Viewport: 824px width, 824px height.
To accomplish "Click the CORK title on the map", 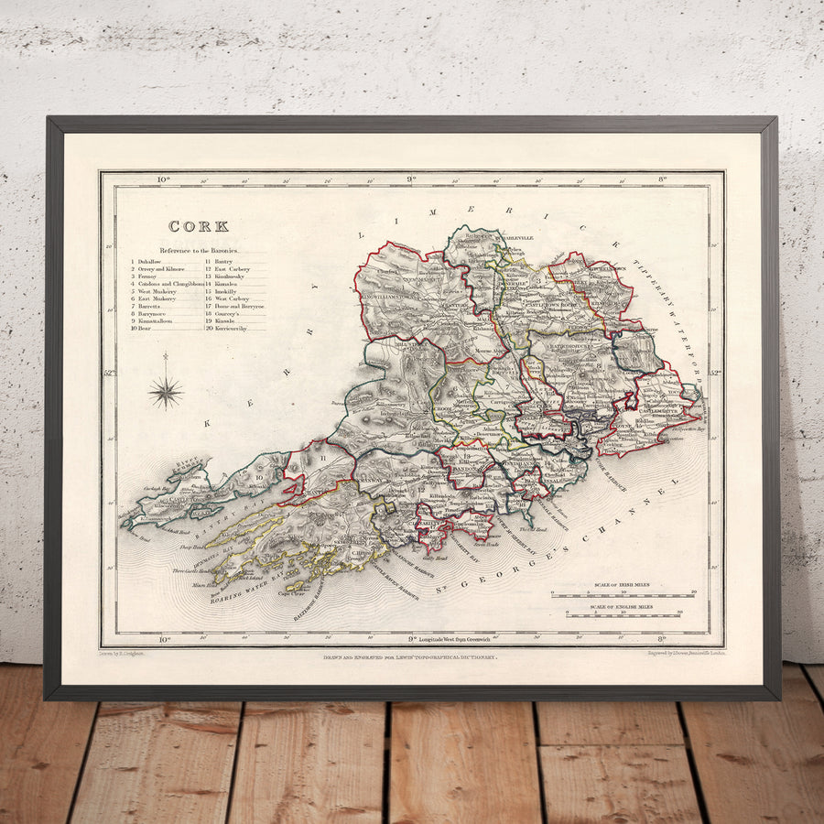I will (198, 226).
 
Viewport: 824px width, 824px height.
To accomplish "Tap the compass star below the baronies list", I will (166, 391).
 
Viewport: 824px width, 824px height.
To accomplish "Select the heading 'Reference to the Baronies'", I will (199, 250).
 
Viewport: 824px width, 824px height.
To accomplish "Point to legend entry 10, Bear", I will (143, 328).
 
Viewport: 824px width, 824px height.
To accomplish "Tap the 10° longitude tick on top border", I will (164, 179).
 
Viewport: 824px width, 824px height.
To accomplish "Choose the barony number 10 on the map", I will (258, 476).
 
